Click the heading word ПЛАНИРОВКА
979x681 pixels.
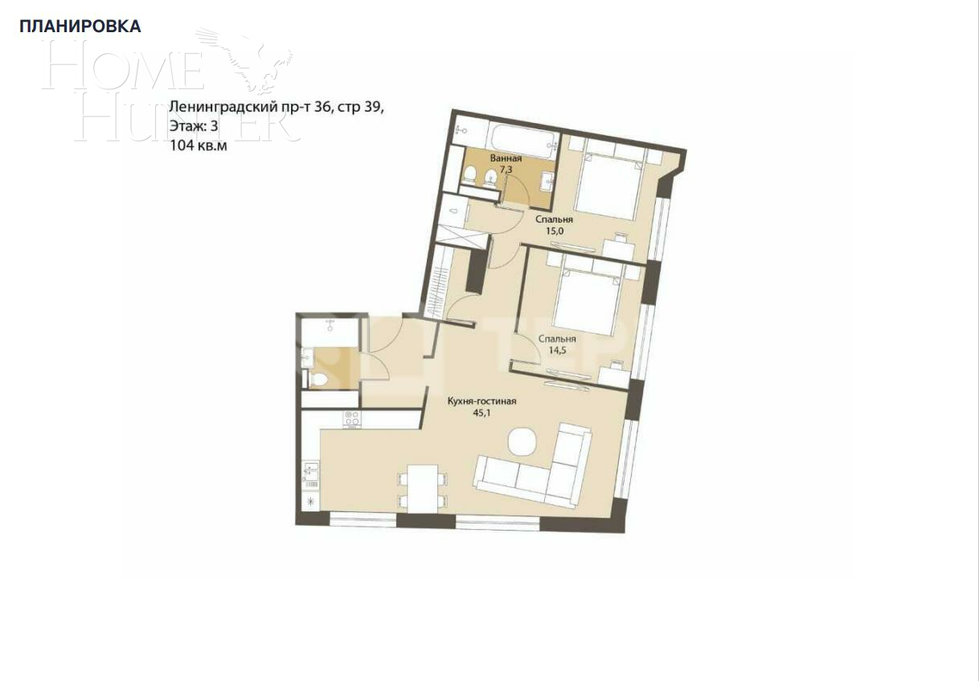[80, 27]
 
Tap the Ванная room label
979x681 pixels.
[506, 158]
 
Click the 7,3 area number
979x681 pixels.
[506, 170]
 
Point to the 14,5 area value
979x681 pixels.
[557, 351]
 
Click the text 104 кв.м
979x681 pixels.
[192, 146]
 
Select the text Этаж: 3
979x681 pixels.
[193, 125]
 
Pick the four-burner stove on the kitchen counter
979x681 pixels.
[351, 420]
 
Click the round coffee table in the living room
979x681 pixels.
[523, 441]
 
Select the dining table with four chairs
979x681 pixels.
[421, 489]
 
